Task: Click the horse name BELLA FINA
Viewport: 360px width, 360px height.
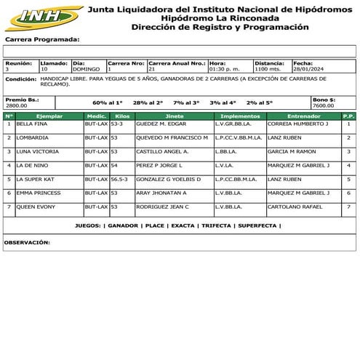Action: click(31, 124)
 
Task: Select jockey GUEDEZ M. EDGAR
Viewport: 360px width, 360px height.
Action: click(161, 124)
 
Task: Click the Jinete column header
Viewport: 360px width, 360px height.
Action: click(175, 116)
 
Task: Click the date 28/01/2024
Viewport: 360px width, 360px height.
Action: click(308, 69)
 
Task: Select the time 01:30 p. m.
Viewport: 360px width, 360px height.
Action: click(223, 69)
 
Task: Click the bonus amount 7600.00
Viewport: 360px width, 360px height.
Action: click(324, 105)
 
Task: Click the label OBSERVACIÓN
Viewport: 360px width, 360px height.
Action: click(27, 242)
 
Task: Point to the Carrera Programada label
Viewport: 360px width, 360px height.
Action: click(43, 39)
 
